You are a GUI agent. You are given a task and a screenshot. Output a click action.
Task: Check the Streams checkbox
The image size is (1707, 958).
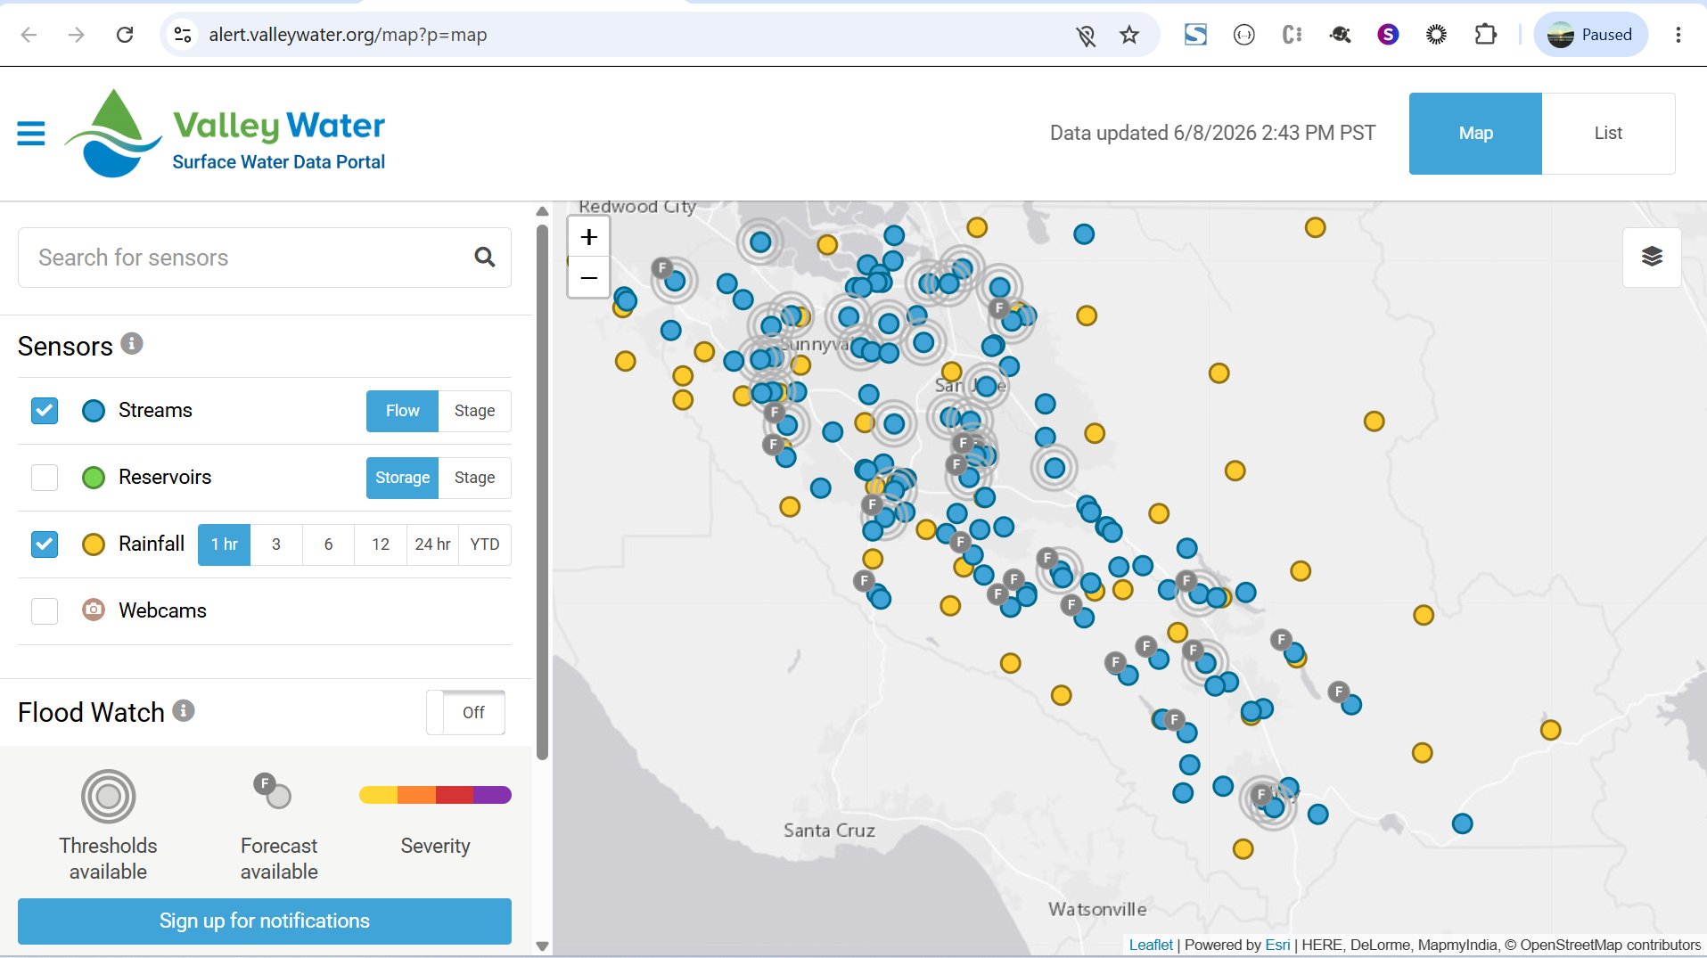45,411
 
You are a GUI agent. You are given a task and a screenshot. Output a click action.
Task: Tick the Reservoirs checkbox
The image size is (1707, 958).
45,478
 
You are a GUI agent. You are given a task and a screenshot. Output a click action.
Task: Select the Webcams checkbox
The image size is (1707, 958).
45,611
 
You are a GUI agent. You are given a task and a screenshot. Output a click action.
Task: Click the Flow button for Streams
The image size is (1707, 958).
402,411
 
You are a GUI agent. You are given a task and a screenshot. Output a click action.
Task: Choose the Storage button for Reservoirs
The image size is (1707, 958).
402,478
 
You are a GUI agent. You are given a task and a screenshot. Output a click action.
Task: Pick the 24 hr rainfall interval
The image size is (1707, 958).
432,545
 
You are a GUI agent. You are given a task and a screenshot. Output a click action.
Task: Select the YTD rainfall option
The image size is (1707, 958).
485,545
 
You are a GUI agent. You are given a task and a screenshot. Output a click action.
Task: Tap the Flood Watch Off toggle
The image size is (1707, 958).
466,712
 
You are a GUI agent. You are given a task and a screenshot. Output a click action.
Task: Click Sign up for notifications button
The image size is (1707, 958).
265,921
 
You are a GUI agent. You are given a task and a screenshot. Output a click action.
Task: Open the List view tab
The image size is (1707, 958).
1608,134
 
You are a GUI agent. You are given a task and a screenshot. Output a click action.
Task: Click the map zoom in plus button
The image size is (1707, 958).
589,237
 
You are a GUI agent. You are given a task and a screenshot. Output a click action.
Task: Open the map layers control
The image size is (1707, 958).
1652,257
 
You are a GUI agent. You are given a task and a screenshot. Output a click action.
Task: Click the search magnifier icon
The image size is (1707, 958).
485,258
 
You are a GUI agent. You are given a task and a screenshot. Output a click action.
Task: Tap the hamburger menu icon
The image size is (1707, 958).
31,134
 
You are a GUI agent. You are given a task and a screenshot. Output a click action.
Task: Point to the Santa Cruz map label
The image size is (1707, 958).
829,831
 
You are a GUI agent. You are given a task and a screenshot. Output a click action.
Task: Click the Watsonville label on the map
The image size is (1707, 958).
1097,909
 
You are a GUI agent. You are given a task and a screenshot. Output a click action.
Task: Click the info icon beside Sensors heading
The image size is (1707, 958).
132,344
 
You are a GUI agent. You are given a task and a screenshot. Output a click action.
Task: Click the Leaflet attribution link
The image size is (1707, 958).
1151,945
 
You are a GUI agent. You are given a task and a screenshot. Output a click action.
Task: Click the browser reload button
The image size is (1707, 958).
125,35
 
